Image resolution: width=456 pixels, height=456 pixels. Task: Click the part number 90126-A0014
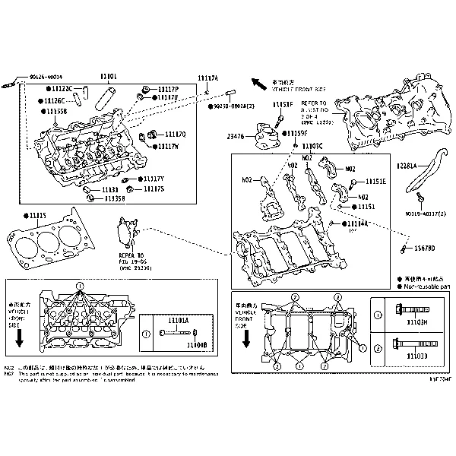pos(46,77)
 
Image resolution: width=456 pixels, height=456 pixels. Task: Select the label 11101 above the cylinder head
pos(108,78)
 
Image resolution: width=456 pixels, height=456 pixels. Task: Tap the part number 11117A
pos(207,78)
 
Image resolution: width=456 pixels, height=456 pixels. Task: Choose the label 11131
pos(110,189)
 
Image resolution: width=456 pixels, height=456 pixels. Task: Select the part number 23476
pos(236,137)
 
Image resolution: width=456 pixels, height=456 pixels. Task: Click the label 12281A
pos(407,164)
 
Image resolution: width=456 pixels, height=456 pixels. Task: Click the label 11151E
pos(375,182)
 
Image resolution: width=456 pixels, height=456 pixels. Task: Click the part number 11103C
pos(312,146)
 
